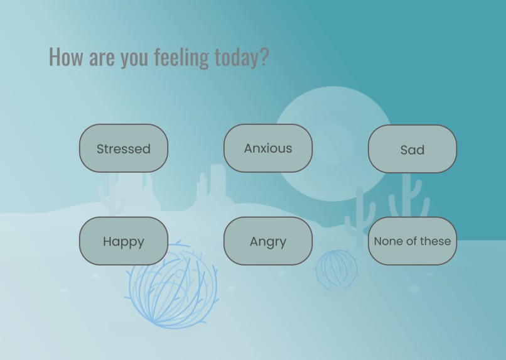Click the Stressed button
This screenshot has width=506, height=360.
[x=124, y=148]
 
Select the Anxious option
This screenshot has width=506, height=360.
[x=268, y=148]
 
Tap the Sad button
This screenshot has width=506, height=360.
[x=412, y=149]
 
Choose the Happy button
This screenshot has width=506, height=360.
[x=124, y=241]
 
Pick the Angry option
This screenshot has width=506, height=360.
[x=268, y=241]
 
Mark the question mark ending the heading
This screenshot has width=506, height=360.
[x=264, y=57]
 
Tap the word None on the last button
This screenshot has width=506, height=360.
[x=387, y=241]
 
